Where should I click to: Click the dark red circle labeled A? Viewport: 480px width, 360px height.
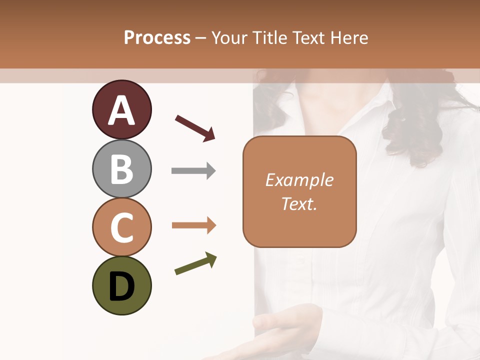(121, 109)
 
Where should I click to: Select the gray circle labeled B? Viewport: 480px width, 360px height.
(121, 168)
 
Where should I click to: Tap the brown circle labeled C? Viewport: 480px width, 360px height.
(121, 227)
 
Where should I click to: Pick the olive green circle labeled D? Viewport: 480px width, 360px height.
(121, 285)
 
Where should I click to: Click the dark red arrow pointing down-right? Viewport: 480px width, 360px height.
(195, 128)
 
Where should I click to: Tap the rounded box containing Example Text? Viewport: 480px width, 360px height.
(299, 191)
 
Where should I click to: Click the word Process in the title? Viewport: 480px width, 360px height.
(157, 37)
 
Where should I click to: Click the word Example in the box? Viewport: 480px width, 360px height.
(299, 180)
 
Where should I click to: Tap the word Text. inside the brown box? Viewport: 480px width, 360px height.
(299, 203)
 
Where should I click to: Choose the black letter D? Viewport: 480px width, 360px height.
(121, 286)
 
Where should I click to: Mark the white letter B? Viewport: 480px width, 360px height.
(121, 169)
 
